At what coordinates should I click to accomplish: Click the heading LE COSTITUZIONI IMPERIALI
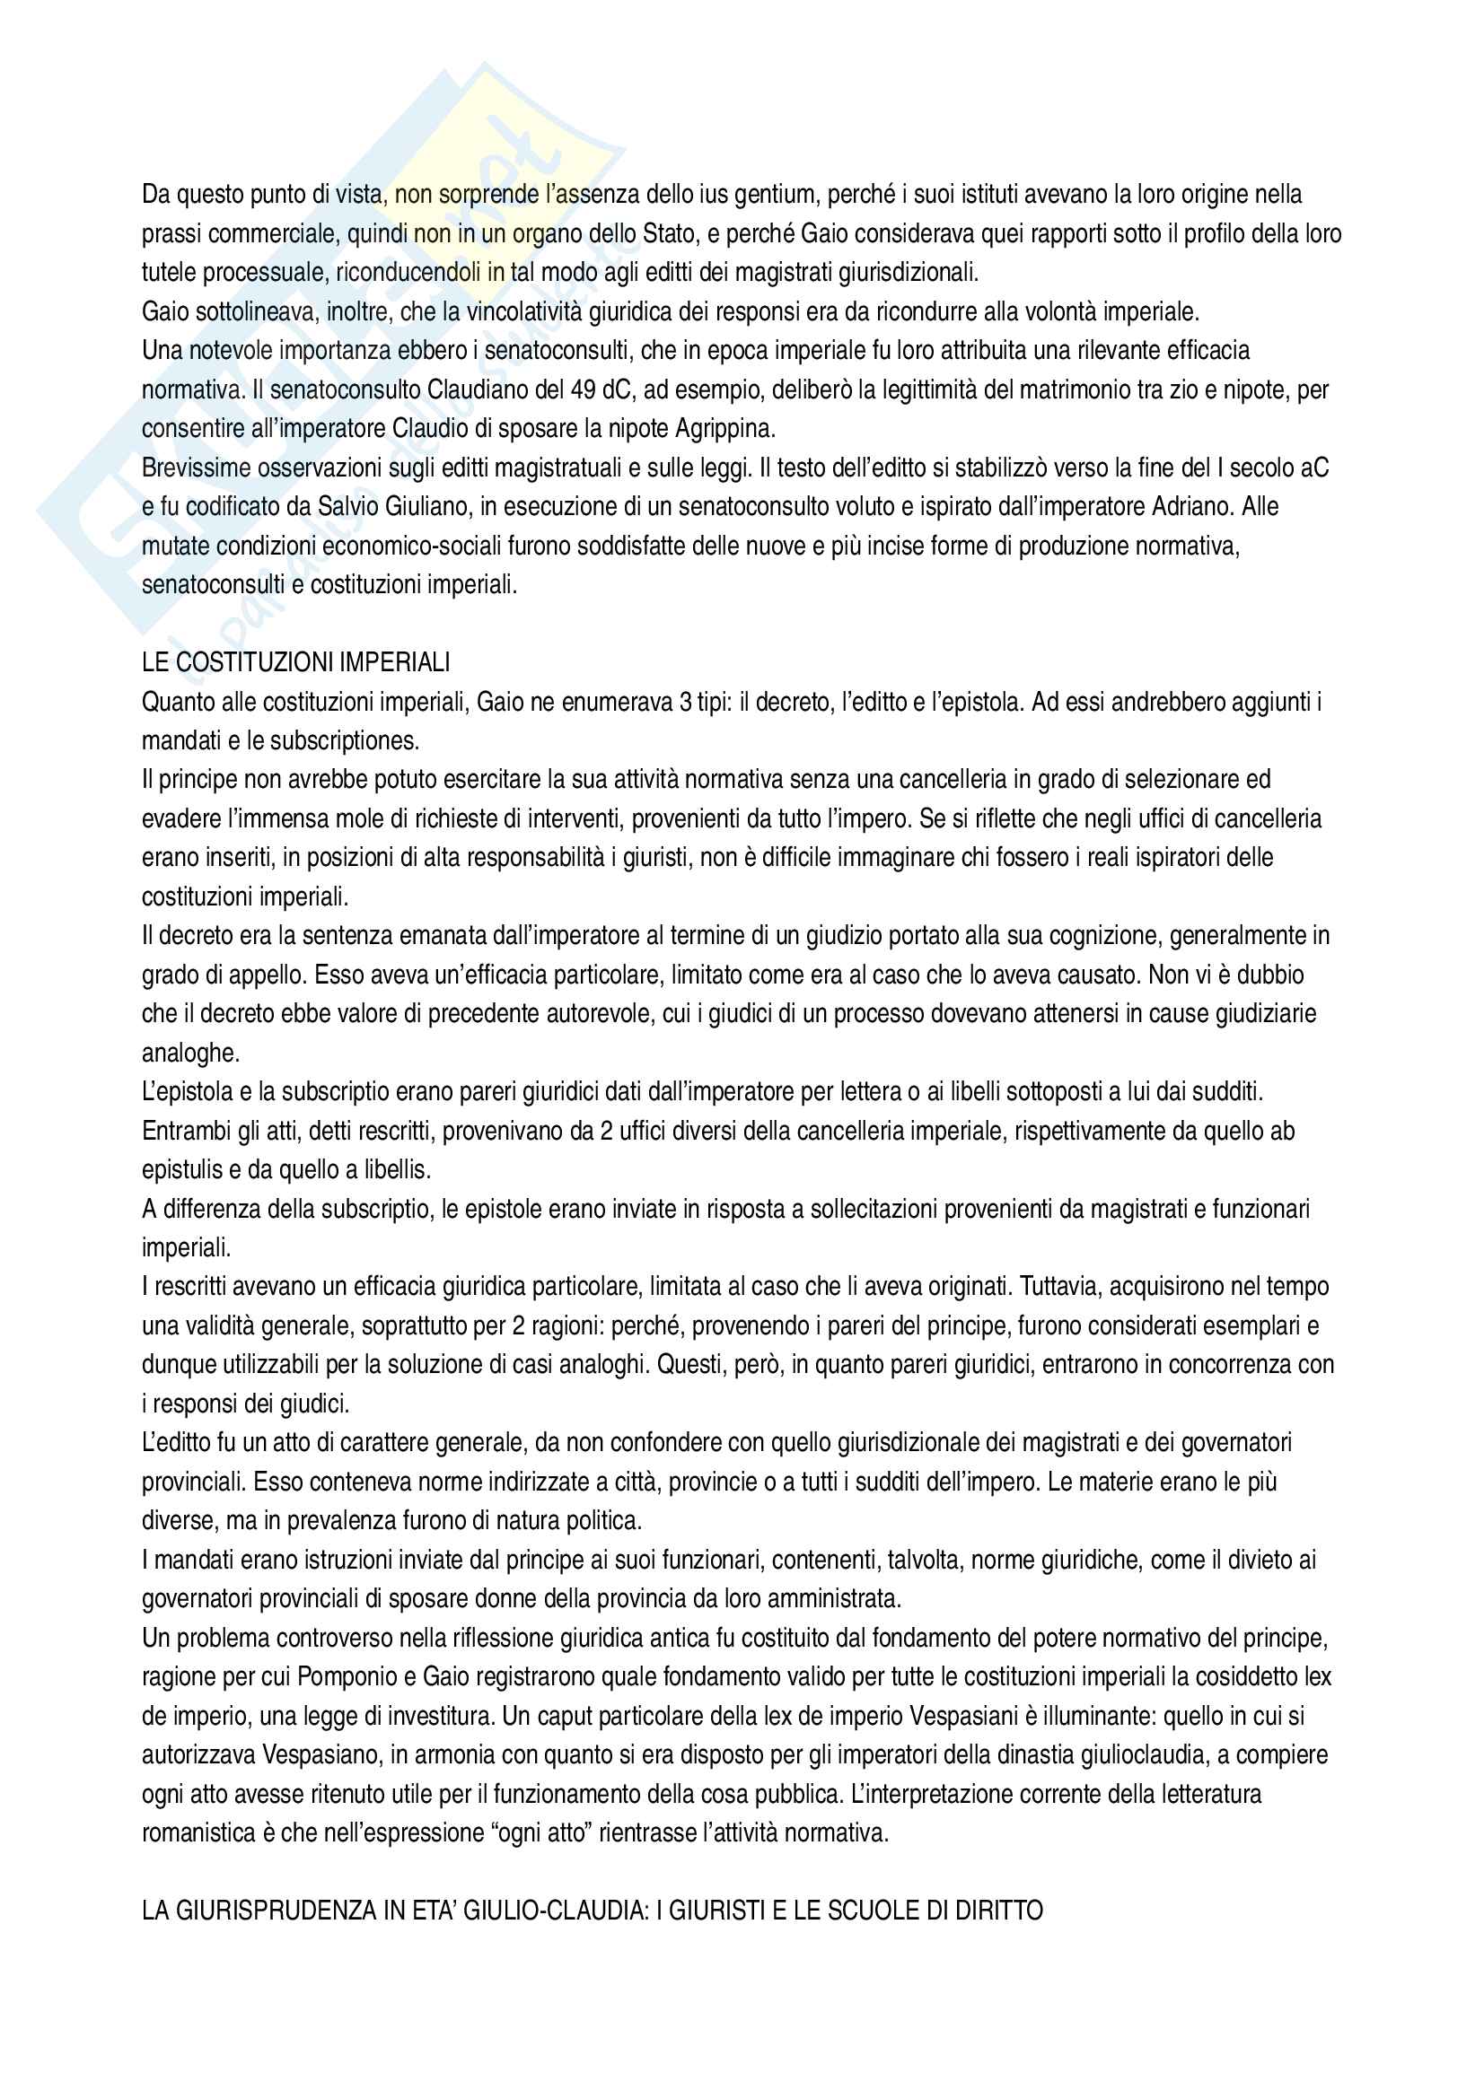click(x=295, y=663)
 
